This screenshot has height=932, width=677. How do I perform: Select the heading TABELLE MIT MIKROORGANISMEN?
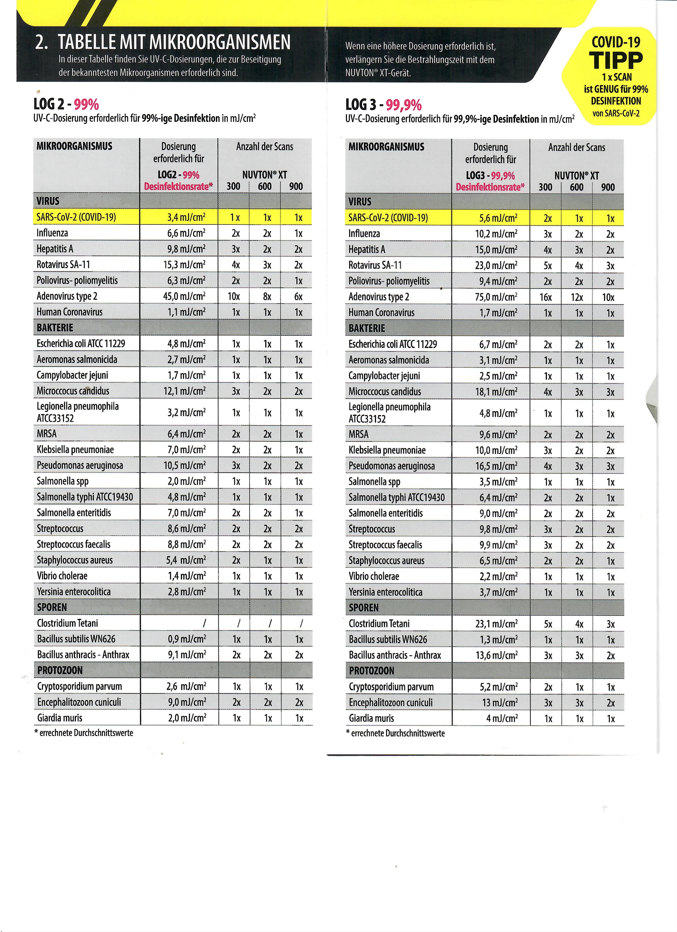174,42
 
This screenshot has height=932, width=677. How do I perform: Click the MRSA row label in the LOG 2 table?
47,434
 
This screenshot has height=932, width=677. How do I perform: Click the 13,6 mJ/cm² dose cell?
496,655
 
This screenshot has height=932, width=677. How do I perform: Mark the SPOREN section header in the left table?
52,607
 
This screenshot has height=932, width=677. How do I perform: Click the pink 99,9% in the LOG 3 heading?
404,105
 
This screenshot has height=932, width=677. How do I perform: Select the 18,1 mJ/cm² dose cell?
496,392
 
